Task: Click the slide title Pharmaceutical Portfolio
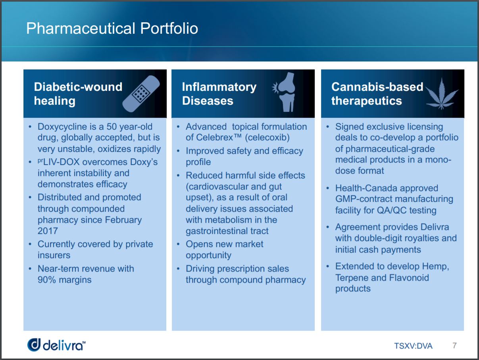click(x=112, y=29)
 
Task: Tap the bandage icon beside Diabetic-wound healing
click(x=141, y=94)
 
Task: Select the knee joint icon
click(x=284, y=92)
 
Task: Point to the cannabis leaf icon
click(x=441, y=94)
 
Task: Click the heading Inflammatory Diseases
click(x=219, y=94)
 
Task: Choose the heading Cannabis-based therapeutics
click(x=377, y=94)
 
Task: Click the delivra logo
click(x=56, y=345)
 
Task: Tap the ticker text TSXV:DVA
click(x=413, y=346)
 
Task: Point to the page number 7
click(x=454, y=345)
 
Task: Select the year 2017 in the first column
click(x=48, y=231)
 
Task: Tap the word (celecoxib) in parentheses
click(x=267, y=138)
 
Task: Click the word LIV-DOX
click(x=62, y=162)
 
